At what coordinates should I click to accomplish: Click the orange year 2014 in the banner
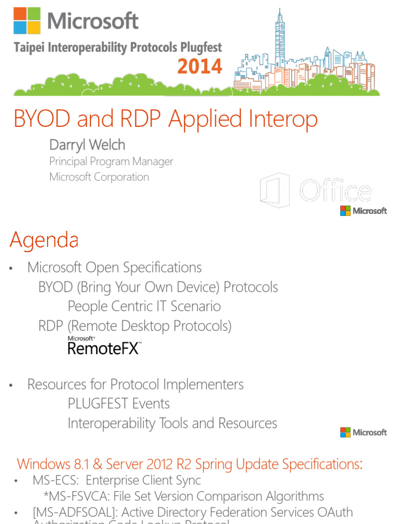click(200, 66)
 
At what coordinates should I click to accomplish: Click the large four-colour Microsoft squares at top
click(27, 21)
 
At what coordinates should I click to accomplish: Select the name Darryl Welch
click(87, 145)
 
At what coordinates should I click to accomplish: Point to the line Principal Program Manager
click(111, 161)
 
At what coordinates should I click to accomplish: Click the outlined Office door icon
click(275, 190)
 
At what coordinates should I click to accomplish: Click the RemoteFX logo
click(104, 346)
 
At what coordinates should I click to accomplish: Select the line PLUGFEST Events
click(118, 403)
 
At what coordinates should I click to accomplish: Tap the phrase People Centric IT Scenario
click(144, 306)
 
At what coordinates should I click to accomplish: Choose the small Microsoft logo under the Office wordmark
click(363, 210)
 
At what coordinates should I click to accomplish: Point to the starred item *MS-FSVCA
click(75, 496)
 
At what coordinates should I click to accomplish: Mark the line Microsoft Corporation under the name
click(99, 177)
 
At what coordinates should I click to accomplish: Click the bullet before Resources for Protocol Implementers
click(11, 385)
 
